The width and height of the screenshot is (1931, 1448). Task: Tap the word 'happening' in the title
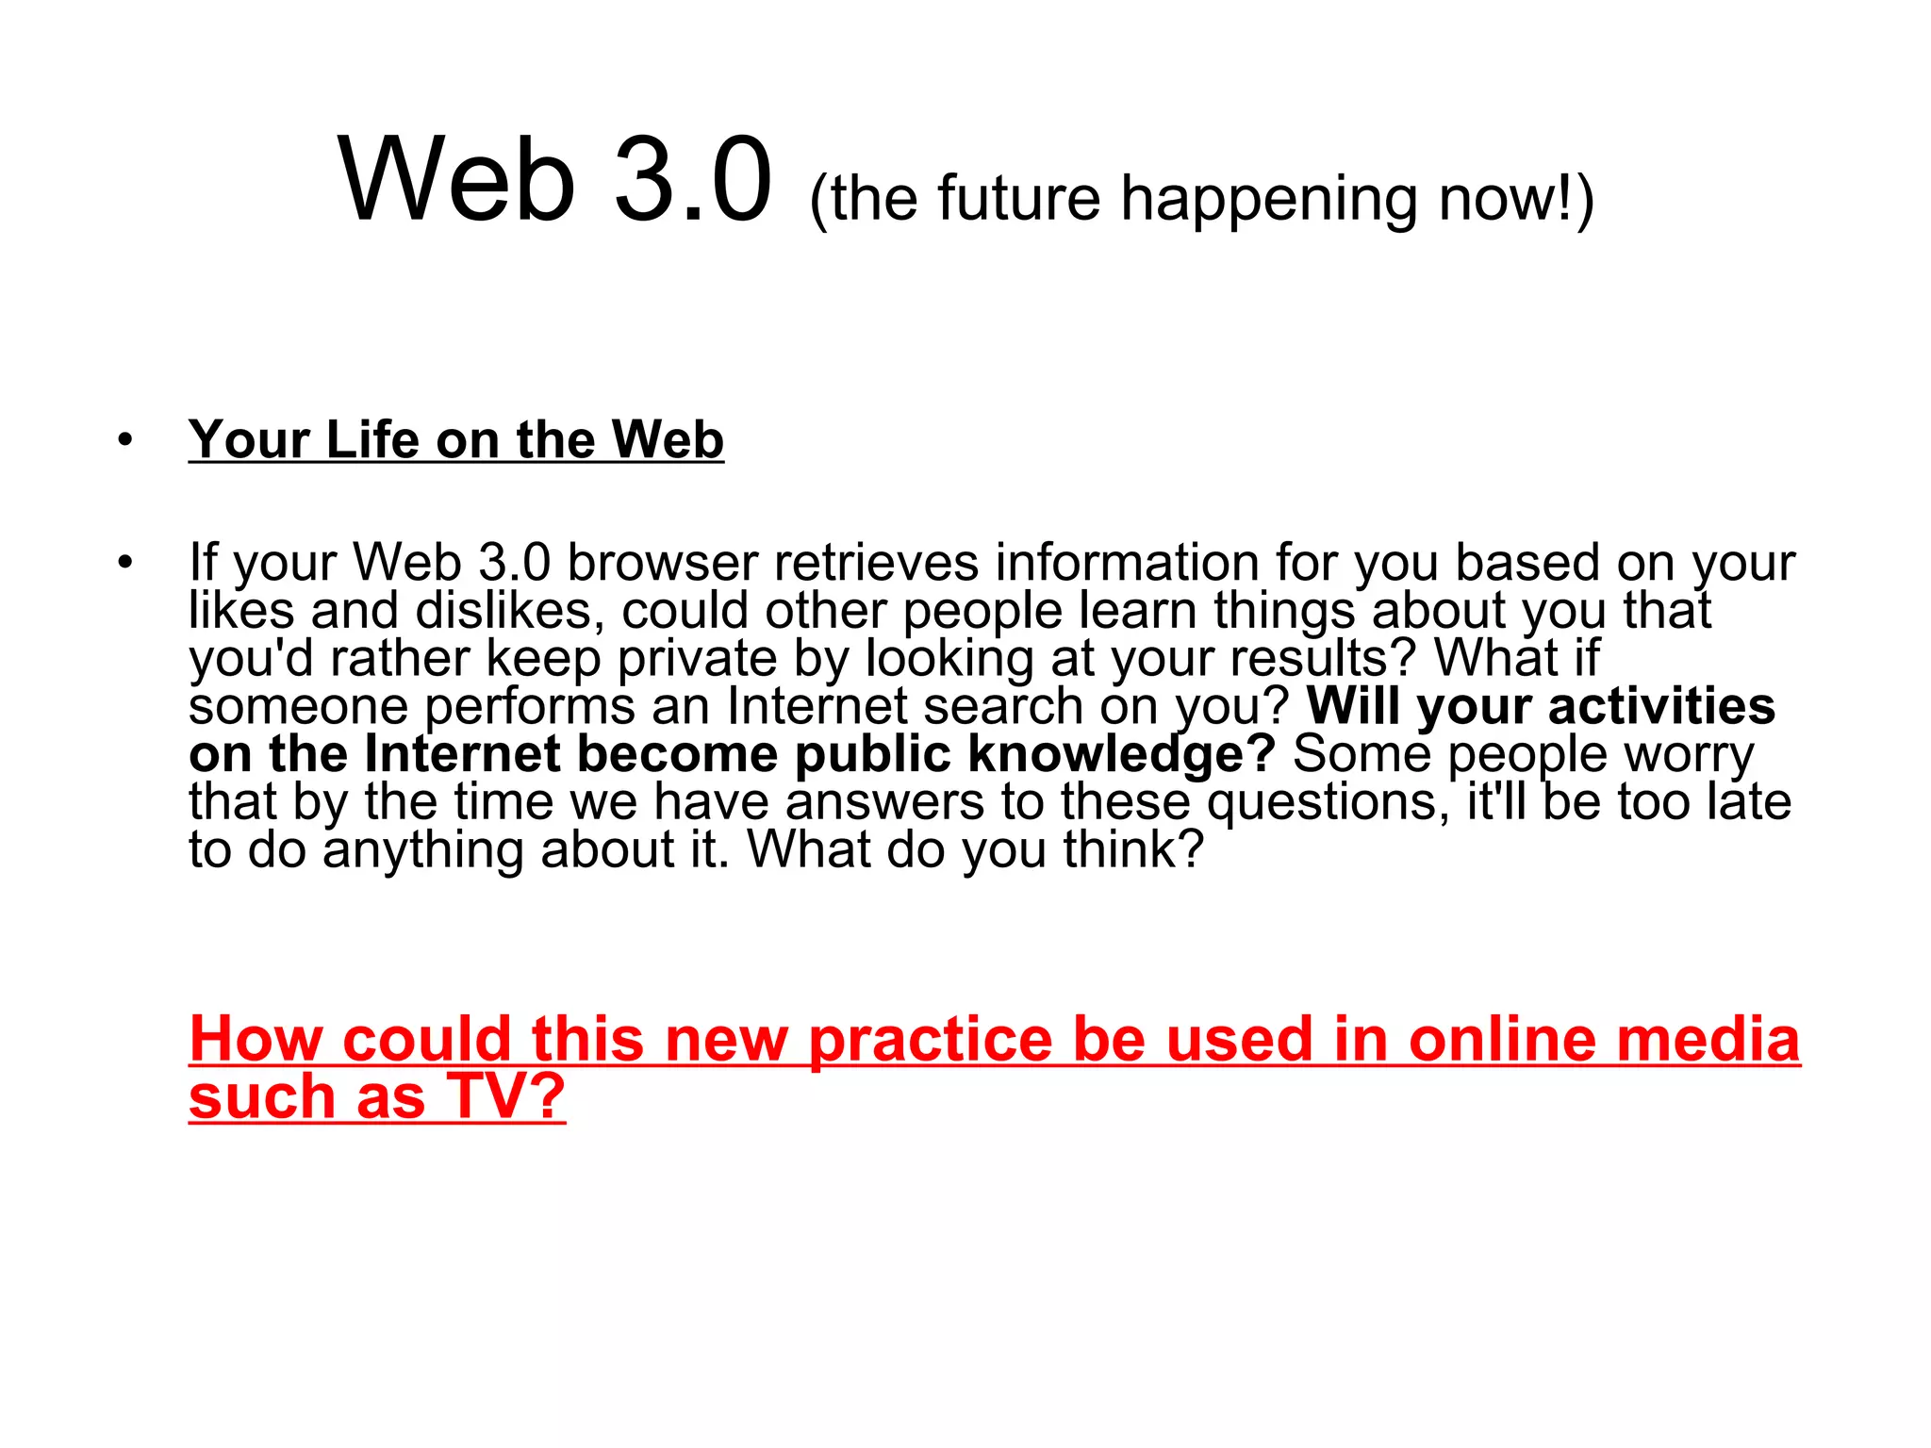[1269, 201]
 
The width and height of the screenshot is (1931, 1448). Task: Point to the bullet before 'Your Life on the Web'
[125, 439]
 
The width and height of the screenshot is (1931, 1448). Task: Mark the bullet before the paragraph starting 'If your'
[125, 563]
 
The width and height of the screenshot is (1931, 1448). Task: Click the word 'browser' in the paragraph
[662, 563]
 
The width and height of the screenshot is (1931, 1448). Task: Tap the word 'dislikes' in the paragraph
[510, 611]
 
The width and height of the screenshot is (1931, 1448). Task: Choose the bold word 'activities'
[1661, 706]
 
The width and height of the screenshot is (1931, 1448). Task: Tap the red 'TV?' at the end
[505, 1096]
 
